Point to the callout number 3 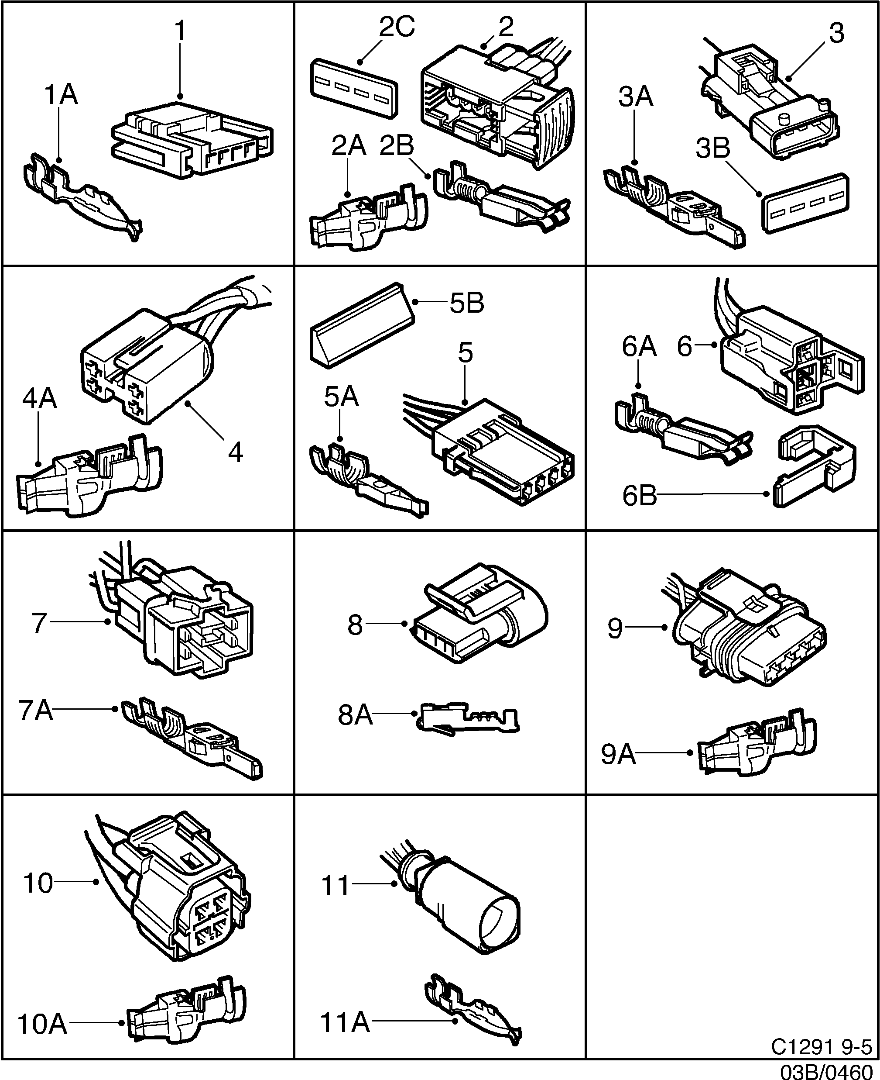pyautogui.click(x=836, y=34)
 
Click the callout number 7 pyautogui.click(x=39, y=623)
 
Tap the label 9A pyautogui.click(x=618, y=754)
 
